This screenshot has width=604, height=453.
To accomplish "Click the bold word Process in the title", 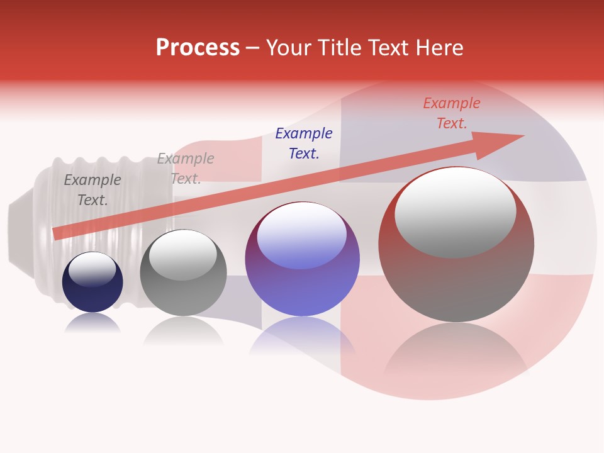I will pos(198,48).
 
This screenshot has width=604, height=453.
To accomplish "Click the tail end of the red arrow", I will pos(57,233).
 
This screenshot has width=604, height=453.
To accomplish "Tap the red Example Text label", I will pos(451,113).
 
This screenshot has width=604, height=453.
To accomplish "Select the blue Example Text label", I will pos(304,143).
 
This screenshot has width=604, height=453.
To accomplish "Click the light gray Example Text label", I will pos(186,169).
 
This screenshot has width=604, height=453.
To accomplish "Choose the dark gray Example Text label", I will pos(92,190).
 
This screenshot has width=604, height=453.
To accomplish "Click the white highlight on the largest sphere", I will pos(455,211).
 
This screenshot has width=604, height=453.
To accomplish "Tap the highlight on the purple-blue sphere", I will pos(301,235).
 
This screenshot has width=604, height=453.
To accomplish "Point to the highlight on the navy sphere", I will pos(92,270).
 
